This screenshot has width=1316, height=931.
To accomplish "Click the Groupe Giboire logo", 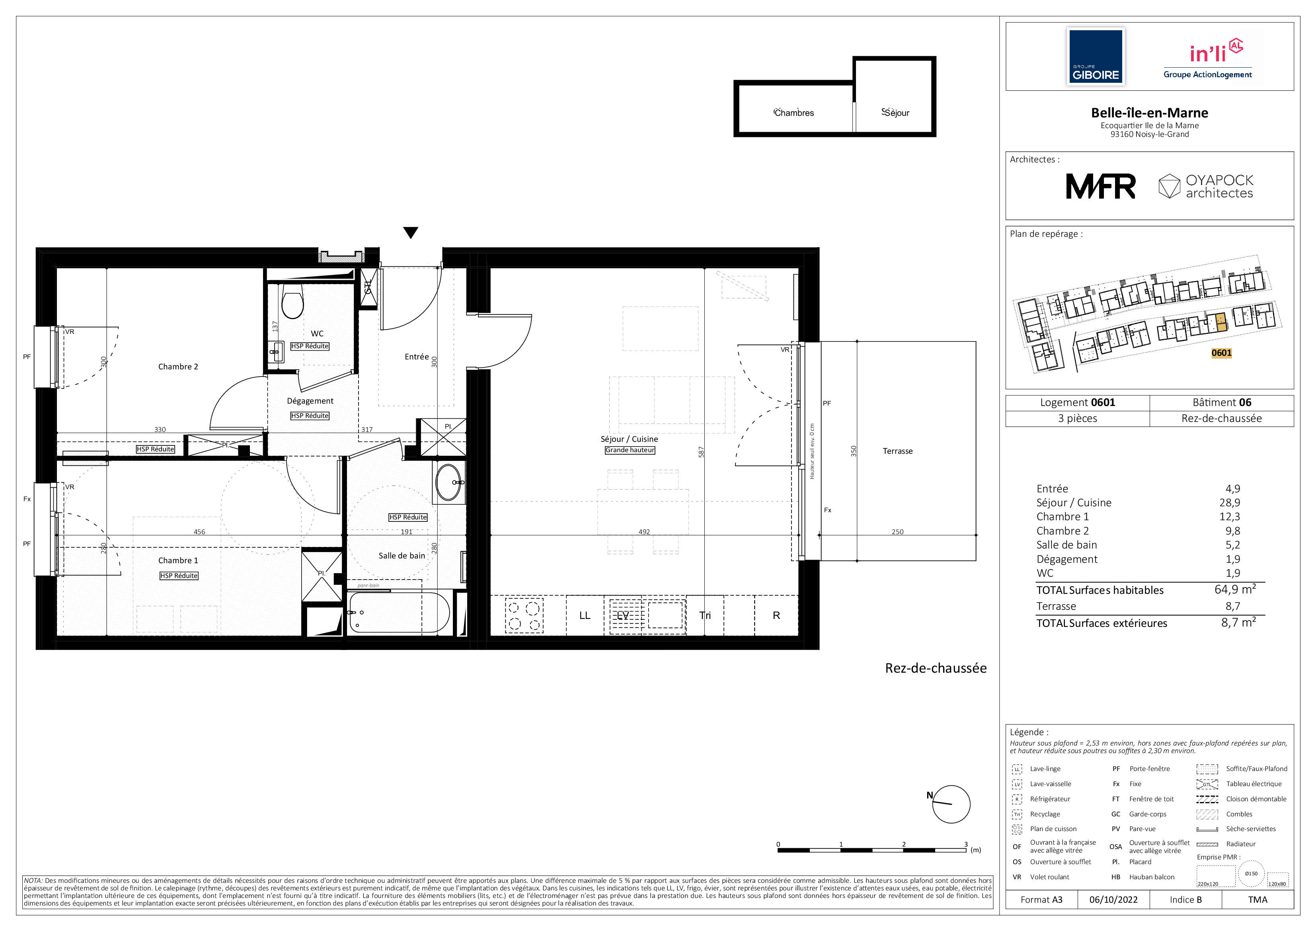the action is tap(1095, 57).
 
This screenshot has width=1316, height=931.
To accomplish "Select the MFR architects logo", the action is tap(1100, 186).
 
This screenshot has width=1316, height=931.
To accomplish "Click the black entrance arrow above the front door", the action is tap(410, 232).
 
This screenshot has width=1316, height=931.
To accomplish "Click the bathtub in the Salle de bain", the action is tap(400, 612).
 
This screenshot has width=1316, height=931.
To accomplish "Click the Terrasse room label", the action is tap(898, 451).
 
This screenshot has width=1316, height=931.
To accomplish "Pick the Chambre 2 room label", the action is tap(178, 367).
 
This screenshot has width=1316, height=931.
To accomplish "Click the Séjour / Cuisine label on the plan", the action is tap(629, 439).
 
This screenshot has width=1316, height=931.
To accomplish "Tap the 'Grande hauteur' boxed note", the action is tap(630, 450).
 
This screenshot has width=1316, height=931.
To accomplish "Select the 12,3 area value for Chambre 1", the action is tap(1230, 517).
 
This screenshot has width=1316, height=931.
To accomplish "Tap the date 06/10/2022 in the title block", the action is tap(1113, 900).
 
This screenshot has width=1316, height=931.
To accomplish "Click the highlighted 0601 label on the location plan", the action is tap(1221, 353).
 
